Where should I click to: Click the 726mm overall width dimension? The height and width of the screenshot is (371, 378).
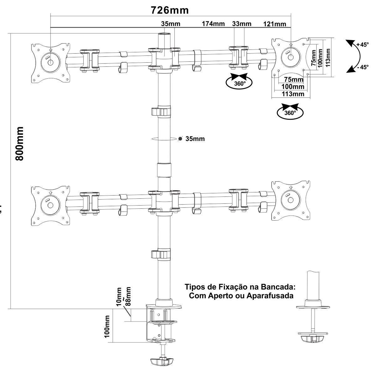(170, 10)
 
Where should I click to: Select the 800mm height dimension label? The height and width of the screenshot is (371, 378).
(20, 144)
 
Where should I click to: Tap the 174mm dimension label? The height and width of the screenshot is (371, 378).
(213, 24)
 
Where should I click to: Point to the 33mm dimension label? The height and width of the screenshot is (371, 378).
(241, 24)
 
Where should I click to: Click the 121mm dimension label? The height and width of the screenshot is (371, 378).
(274, 24)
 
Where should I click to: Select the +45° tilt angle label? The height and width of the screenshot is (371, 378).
(362, 44)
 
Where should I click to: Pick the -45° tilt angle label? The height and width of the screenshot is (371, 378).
(362, 67)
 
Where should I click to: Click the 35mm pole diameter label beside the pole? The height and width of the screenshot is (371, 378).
(195, 139)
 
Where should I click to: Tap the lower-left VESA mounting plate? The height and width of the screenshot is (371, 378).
(50, 205)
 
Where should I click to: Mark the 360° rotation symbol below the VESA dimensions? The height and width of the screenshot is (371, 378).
(290, 112)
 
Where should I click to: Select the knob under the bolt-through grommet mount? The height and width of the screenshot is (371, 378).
(312, 339)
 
